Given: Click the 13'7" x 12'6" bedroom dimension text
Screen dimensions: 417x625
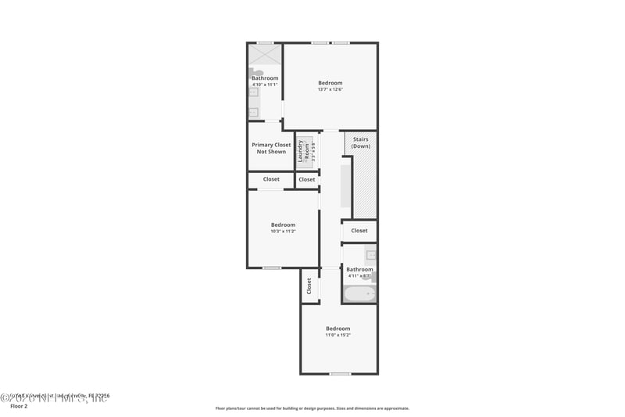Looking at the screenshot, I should [x=330, y=89].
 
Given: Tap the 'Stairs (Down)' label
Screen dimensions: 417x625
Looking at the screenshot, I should [x=360, y=143].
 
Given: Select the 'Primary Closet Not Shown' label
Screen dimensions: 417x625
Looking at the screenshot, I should [x=271, y=148].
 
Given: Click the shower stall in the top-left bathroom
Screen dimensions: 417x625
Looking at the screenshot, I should [x=265, y=54].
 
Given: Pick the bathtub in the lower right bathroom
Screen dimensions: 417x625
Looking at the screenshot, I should [x=359, y=294].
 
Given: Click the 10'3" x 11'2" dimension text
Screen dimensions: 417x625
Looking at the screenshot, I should [x=283, y=231].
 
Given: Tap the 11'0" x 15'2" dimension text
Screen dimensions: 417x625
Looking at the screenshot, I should [x=338, y=335].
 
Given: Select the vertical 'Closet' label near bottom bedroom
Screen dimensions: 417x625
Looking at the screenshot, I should [x=309, y=286].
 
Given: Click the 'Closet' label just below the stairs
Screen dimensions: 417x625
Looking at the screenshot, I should [x=359, y=231].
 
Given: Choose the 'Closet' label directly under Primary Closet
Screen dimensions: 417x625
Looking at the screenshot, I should [x=271, y=179].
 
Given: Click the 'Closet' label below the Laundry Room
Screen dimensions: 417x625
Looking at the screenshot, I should [x=307, y=179].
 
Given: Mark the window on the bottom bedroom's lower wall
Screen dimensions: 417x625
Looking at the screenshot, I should [x=339, y=374].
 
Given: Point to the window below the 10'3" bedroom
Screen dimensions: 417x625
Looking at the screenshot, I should [x=271, y=268].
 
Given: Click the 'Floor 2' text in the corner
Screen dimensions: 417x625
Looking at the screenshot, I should [x=18, y=407].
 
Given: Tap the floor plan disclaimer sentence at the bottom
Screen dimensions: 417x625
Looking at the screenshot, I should [x=312, y=408].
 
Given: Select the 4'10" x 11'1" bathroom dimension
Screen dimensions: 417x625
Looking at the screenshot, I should [x=265, y=84].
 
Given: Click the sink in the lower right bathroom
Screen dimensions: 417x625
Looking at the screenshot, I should [x=371, y=254].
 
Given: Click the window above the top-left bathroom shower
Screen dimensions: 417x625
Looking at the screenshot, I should [x=266, y=42].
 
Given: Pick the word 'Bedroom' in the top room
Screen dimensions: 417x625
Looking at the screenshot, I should [x=330, y=83].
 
